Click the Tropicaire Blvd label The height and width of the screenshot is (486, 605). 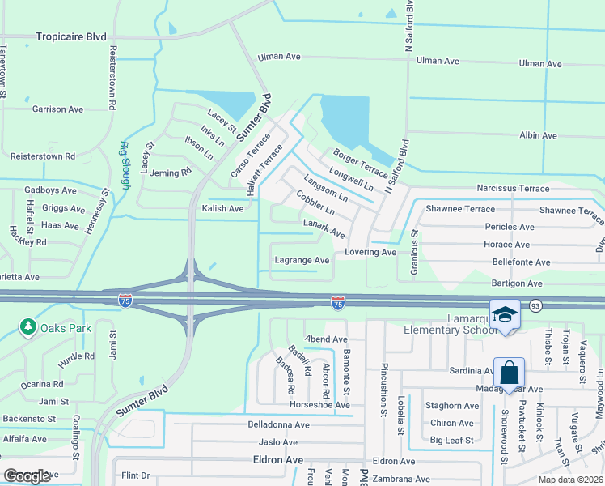(71, 36)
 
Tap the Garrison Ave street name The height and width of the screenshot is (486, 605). (57, 109)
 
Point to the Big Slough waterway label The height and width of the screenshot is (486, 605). (125, 166)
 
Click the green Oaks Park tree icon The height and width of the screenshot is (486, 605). (28, 326)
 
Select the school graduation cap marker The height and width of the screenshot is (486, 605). (505, 314)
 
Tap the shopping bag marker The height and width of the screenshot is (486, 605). (509, 373)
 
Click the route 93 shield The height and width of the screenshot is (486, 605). (535, 305)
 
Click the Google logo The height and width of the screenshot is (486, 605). (27, 476)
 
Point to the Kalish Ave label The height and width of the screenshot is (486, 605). (222, 208)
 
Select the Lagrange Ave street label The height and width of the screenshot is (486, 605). (302, 260)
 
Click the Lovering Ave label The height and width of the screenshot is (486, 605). (370, 252)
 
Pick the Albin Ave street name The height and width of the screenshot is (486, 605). (538, 135)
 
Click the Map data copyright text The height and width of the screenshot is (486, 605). (569, 480)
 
